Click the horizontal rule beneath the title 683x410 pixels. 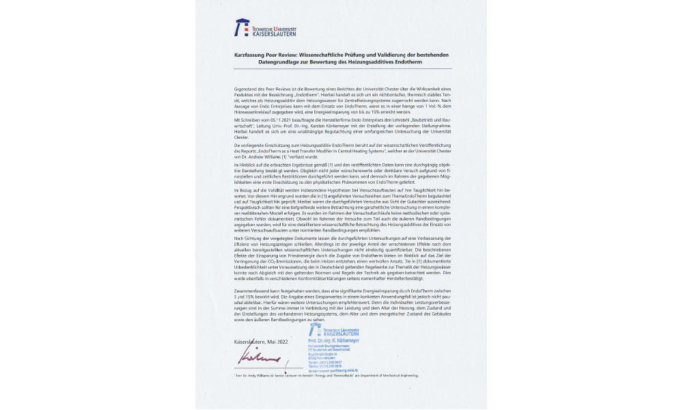(x=342, y=68)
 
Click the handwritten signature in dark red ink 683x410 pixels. (x=260, y=357)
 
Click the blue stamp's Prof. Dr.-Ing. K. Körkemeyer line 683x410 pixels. (x=334, y=340)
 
